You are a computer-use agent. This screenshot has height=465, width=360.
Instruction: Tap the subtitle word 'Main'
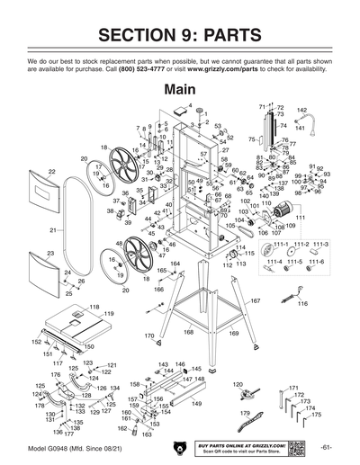[x=180, y=90]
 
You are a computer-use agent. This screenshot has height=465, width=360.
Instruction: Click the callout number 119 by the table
[x=109, y=314]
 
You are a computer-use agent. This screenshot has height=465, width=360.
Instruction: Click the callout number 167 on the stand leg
[x=255, y=300]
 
